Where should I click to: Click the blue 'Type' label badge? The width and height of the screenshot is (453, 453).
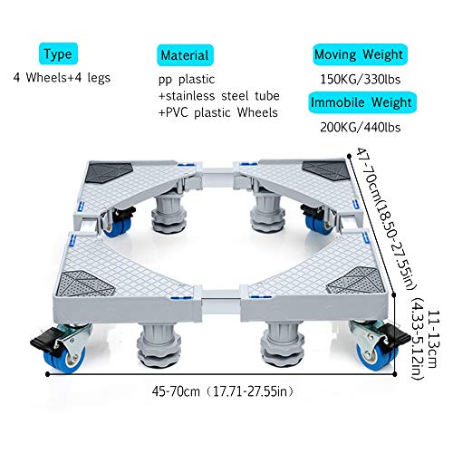point(58,53)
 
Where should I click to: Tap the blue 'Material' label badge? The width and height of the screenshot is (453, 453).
point(185,55)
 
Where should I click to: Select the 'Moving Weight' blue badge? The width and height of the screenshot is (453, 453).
point(360,54)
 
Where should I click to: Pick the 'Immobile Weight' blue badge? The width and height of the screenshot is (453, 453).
point(362,102)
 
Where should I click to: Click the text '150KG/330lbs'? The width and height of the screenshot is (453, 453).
point(361,80)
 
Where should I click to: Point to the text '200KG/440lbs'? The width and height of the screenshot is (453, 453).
point(361,127)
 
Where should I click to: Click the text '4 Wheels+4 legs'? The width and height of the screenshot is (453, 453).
point(62,78)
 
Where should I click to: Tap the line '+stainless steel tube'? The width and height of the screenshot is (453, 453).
point(219,96)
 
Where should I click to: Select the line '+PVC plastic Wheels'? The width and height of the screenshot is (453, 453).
point(218,112)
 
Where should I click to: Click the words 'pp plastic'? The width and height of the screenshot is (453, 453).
point(187,80)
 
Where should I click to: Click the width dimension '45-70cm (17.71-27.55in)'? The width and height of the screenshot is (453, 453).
point(223,391)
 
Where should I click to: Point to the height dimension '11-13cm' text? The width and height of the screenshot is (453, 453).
point(432,339)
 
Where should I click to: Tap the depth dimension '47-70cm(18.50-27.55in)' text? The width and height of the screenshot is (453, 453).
point(387,218)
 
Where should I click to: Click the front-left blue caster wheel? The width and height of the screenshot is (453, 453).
point(64,359)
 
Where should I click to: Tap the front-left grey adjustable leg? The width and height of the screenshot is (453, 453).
point(159,345)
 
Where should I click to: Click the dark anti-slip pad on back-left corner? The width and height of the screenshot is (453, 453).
point(109,173)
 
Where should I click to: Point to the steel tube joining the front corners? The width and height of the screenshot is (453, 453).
point(221,295)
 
